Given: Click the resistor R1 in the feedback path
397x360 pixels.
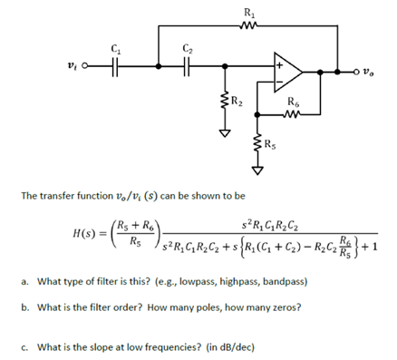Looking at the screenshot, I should tap(249, 25).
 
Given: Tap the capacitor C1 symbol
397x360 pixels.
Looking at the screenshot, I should tap(114, 65).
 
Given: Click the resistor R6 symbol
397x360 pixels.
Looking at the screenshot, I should tap(293, 114).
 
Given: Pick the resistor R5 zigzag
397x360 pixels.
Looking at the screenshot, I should tap(257, 144).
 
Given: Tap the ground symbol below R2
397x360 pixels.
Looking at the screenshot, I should tap(223, 131).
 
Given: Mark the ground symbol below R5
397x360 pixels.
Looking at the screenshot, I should tap(257, 169).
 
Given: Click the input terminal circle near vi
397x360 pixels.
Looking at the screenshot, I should tap(84, 65).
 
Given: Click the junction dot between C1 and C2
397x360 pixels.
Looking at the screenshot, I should tap(159, 65).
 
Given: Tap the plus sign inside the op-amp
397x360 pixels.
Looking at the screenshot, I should tap(280, 65).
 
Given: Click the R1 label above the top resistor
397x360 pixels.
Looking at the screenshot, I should tap(250, 12).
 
